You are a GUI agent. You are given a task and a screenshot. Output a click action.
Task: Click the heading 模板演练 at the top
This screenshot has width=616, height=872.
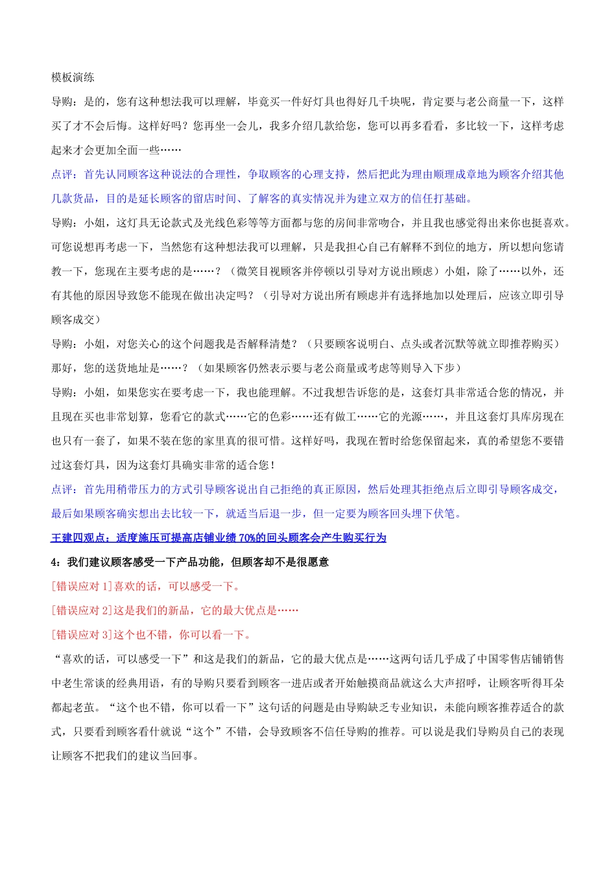click(73, 78)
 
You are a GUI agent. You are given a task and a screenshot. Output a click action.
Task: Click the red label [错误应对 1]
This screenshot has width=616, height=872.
click(82, 587)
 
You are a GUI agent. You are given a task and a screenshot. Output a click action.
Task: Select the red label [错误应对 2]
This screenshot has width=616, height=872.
click(82, 611)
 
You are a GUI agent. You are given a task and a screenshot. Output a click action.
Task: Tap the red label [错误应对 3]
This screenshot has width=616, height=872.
click(82, 635)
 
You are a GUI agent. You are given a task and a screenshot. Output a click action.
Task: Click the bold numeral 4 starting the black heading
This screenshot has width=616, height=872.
click(54, 562)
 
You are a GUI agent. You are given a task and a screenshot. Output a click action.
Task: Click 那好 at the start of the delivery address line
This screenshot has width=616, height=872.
click(62, 369)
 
